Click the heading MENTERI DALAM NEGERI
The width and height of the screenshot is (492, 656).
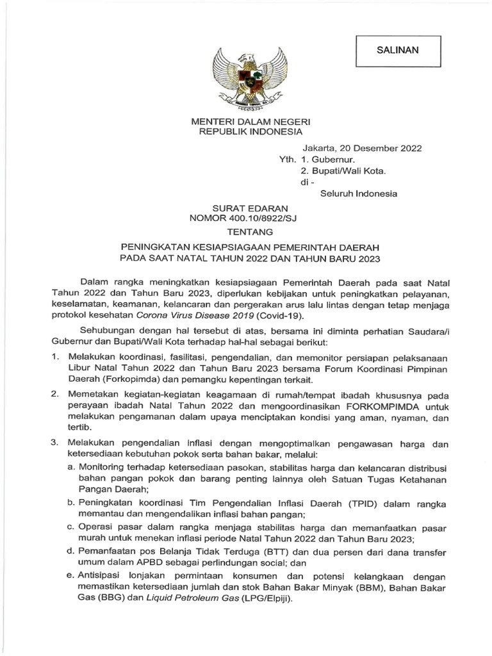(246, 122)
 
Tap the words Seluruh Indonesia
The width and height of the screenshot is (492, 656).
(359, 193)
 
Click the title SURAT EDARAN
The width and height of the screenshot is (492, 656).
(246, 208)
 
